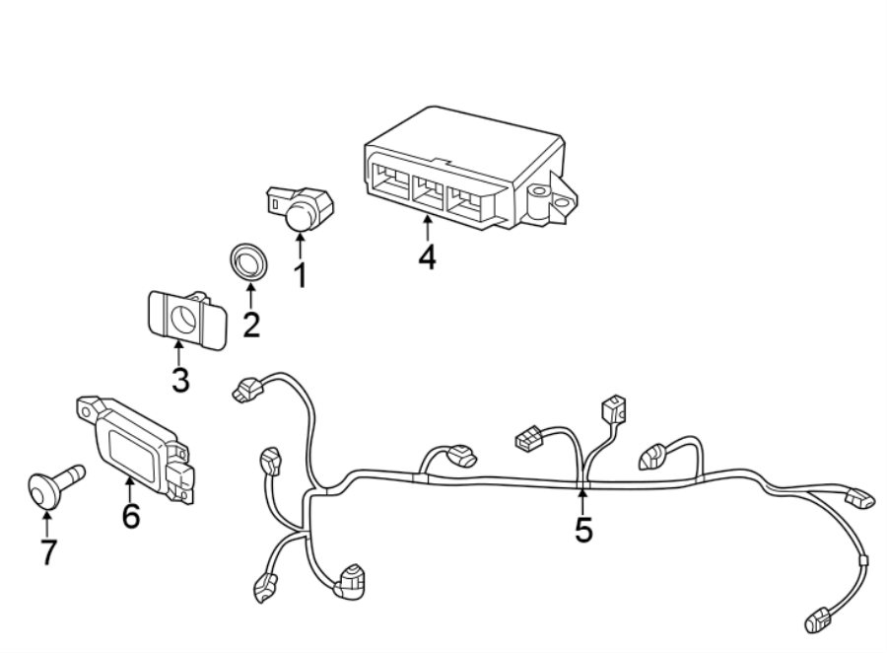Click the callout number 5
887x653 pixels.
point(583,530)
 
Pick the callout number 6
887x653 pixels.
point(130,514)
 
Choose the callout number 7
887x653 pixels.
point(47,551)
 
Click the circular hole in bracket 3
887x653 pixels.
point(183,317)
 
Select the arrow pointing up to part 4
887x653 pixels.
point(426,227)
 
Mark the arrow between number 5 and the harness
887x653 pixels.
point(582,499)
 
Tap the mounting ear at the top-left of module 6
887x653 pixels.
point(87,404)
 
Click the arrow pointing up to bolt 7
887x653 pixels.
point(46,521)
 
